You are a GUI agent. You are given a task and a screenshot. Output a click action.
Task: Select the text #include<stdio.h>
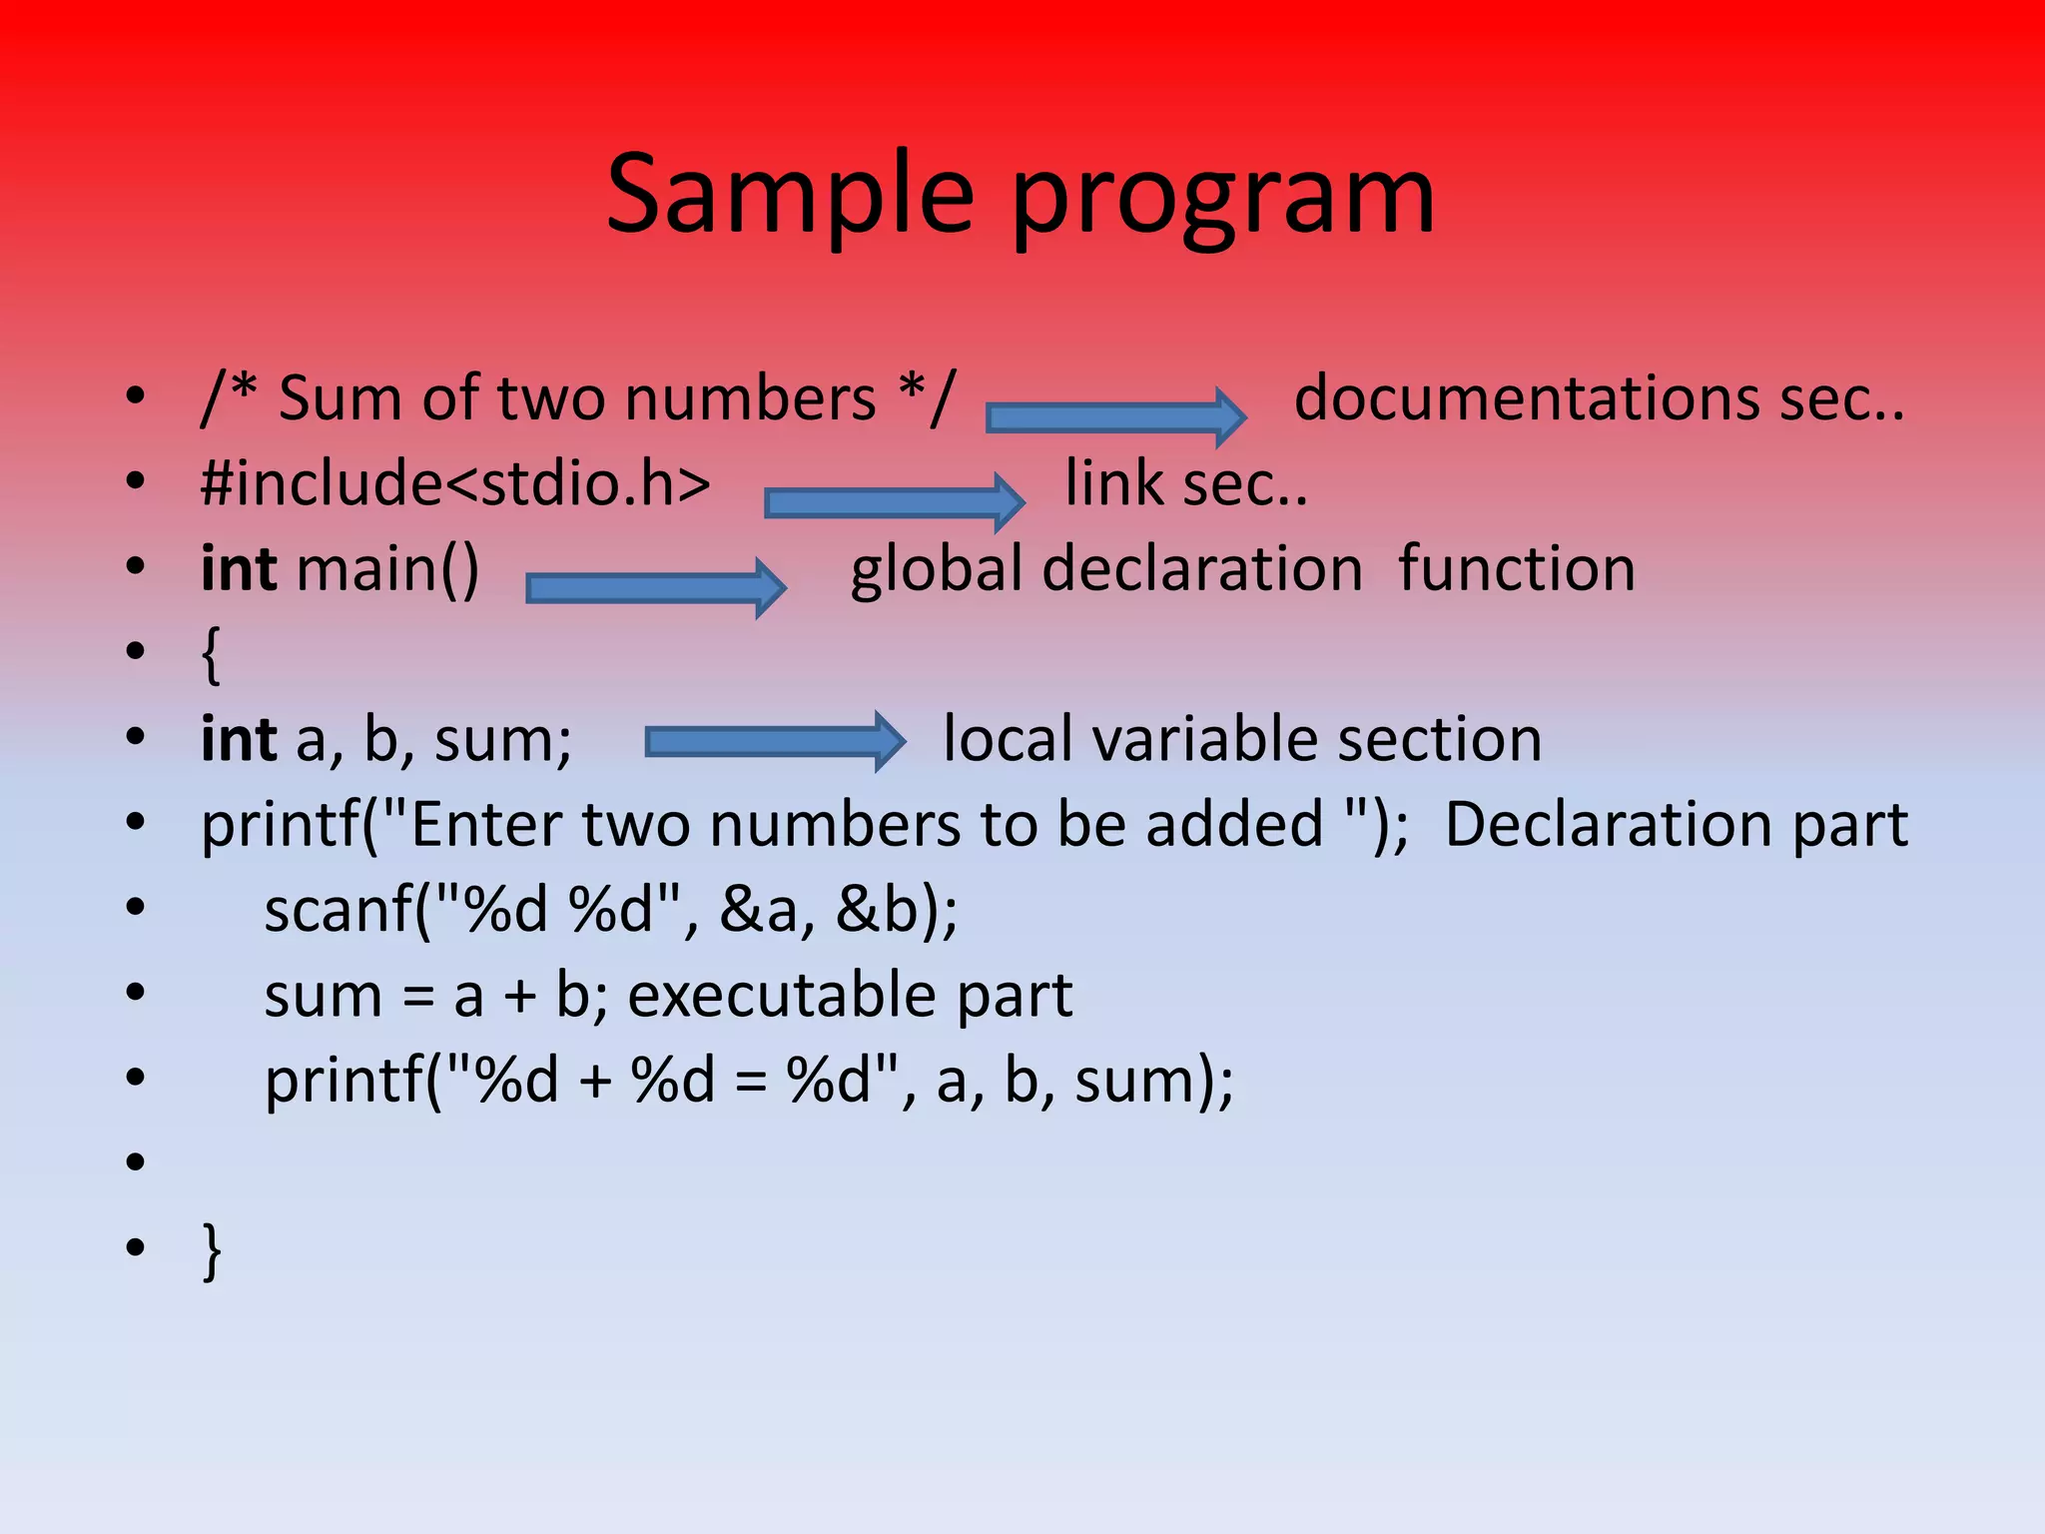pos(455,483)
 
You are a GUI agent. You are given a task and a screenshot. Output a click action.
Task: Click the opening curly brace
pos(211,655)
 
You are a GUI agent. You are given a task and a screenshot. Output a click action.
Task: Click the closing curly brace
pos(211,1249)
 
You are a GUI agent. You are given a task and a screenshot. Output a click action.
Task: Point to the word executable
pos(782,996)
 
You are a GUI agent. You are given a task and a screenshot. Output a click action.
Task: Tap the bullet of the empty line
pos(136,1161)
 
